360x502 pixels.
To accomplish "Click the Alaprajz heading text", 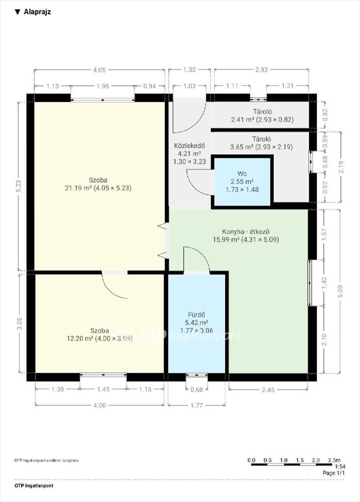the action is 37,12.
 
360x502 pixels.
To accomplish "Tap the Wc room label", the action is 242,174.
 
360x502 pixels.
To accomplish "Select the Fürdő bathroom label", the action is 196,315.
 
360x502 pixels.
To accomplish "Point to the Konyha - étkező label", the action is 246,231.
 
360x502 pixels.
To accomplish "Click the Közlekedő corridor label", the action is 189,146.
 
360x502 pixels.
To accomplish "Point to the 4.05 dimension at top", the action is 99,70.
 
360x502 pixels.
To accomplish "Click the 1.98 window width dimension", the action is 102,86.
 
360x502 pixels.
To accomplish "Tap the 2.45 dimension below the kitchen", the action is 268,390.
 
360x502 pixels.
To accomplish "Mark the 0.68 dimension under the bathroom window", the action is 197,390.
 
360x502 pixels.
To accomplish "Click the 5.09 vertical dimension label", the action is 340,291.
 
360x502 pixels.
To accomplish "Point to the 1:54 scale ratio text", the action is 340,467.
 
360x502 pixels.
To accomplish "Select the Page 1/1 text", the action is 334,473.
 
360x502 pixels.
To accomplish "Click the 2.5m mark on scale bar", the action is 334,460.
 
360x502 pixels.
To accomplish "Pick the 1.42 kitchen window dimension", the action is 324,283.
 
